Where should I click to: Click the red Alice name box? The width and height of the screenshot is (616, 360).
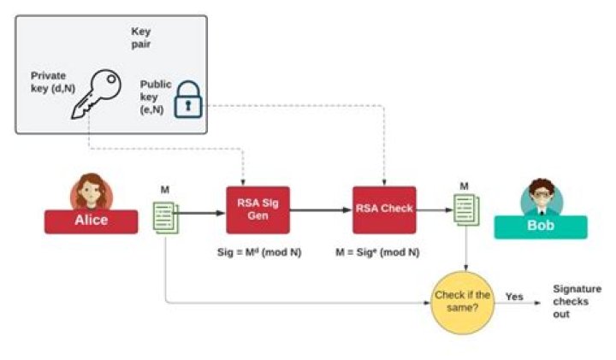(x=91, y=221)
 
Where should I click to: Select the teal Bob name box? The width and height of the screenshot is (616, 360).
(x=541, y=227)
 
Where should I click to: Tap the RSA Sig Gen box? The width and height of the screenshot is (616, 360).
(x=258, y=210)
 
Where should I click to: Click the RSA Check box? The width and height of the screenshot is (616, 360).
(x=384, y=210)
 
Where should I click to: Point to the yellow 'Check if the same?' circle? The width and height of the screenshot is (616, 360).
(x=463, y=300)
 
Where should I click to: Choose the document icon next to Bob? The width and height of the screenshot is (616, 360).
(x=465, y=210)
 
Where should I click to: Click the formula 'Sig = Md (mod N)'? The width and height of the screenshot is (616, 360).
(x=258, y=254)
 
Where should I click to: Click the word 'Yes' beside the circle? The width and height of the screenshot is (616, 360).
(x=514, y=297)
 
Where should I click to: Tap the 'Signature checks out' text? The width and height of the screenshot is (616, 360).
(x=577, y=302)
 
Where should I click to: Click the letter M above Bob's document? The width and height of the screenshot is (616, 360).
(x=465, y=186)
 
